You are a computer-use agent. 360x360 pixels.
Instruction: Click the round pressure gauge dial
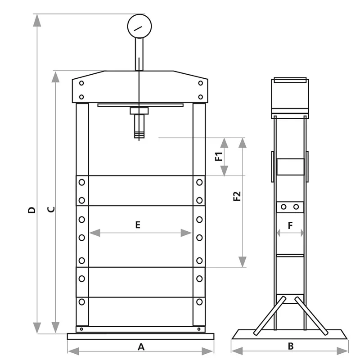(139, 26)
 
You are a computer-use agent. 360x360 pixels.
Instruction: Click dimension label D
(31, 210)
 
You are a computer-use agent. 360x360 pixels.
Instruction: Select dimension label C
(51, 209)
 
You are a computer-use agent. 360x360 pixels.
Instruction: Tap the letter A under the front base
(141, 346)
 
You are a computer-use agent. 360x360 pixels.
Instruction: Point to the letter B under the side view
(291, 346)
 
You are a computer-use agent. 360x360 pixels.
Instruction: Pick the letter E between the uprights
(138, 225)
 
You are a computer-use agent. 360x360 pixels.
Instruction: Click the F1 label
(219, 156)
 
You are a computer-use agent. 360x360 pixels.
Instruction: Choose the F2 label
(237, 196)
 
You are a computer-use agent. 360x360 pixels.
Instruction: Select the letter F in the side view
(290, 226)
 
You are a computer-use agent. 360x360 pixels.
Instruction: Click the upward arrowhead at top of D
(37, 20)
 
